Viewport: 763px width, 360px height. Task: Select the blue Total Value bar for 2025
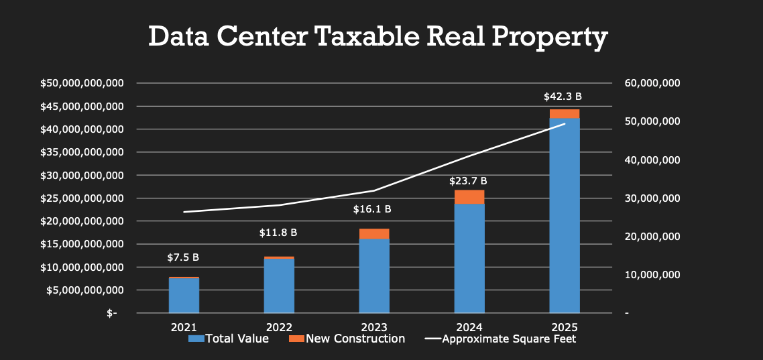click(565, 215)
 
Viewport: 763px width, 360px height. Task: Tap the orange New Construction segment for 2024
click(469, 196)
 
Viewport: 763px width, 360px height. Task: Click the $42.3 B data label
click(563, 97)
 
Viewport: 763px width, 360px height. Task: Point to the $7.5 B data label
click(183, 257)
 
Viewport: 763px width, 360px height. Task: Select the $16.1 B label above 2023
click(372, 209)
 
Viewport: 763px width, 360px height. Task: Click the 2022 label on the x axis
click(279, 327)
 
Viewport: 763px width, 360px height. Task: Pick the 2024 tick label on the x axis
click(469, 327)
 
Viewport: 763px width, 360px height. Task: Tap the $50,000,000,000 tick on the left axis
click(82, 83)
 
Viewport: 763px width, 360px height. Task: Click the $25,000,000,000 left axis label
click(82, 198)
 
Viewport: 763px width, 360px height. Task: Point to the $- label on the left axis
click(111, 313)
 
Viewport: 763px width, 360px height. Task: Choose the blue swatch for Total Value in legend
click(196, 339)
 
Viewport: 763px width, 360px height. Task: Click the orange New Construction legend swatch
click(296, 339)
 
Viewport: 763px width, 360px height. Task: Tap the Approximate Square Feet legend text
click(509, 339)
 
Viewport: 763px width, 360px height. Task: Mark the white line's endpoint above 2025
click(565, 124)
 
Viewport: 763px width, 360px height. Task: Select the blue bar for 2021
click(184, 295)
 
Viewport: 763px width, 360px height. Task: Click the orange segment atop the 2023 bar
click(374, 233)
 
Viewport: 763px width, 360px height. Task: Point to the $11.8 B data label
click(278, 233)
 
